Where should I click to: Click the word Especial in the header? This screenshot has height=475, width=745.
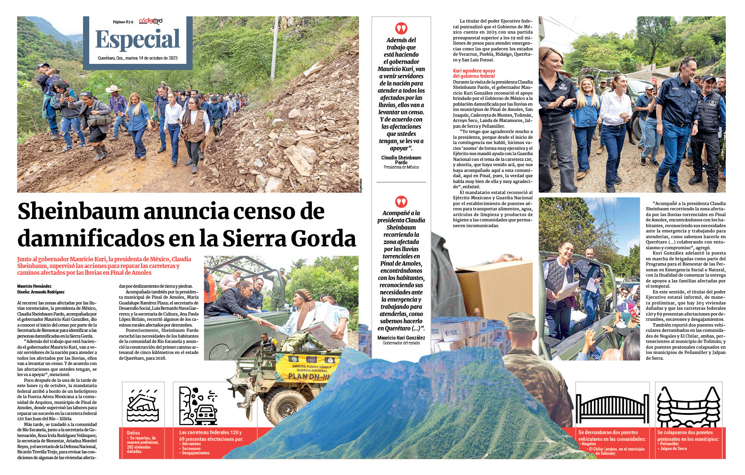point(138,39)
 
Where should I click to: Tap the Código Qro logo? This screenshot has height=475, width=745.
point(151,21)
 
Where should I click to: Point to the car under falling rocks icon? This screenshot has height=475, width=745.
point(199,406)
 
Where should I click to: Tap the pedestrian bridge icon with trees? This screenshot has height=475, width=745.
point(689,407)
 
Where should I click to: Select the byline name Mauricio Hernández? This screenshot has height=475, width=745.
point(34,286)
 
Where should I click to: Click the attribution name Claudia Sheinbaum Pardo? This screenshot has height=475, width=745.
point(401,160)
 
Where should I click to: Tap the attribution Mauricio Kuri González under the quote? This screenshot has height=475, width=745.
point(401,338)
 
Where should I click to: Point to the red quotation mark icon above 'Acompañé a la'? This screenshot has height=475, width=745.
point(401,201)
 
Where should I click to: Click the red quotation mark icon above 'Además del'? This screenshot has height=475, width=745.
point(401,28)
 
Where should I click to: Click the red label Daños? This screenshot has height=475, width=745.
point(133,433)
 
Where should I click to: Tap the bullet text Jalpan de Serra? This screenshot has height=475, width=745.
point(673,449)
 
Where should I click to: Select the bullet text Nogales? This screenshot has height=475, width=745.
point(589,444)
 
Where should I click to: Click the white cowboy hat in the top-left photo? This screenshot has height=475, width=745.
point(114,89)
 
